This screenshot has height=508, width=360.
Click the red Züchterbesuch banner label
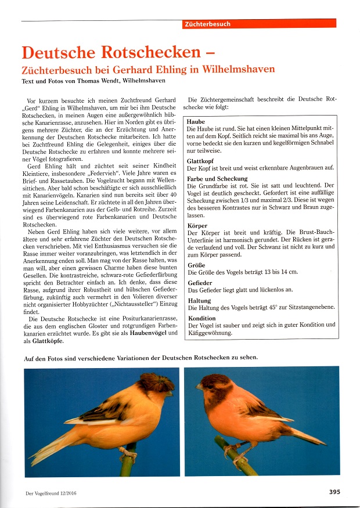pyautogui.click(x=207, y=24)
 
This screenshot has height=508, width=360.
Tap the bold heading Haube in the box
pyautogui.click(x=196, y=122)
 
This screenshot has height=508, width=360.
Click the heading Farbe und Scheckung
pyautogui.click(x=218, y=179)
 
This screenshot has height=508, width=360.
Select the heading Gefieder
pyautogui.click(x=200, y=282)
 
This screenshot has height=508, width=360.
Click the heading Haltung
pyautogui.click(x=200, y=301)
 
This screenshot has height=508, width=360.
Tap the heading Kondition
pyautogui.click(x=202, y=319)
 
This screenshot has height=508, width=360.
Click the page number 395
pyautogui.click(x=334, y=492)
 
